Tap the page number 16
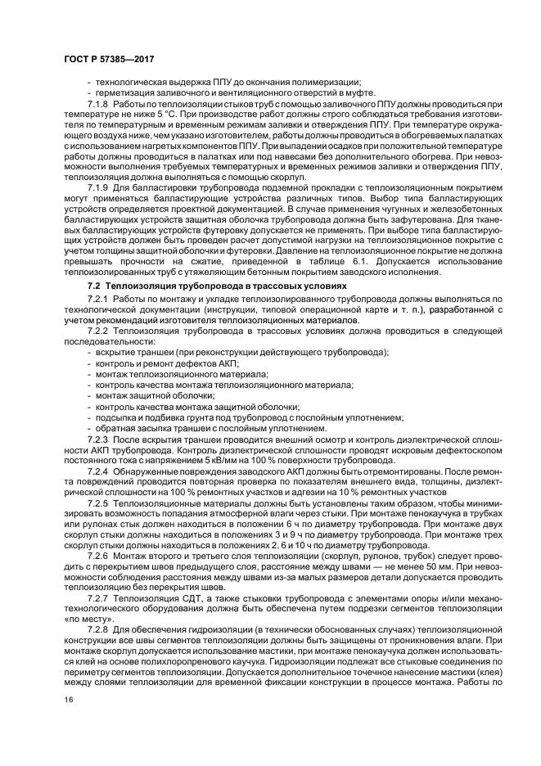pos(68,701)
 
